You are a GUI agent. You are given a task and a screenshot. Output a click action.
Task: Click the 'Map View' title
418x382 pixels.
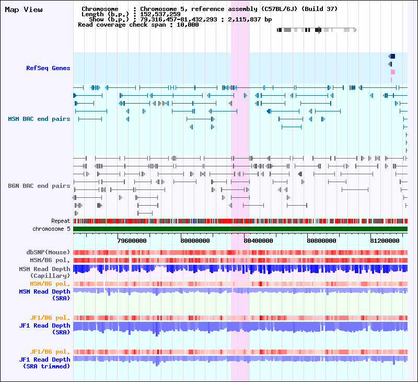click(24, 9)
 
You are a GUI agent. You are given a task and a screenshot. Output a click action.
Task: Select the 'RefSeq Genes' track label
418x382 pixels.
click(48, 68)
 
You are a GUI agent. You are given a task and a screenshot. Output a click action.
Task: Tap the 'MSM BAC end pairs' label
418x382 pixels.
click(39, 119)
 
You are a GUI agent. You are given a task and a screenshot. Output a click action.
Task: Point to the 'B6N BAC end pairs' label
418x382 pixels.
click(39, 186)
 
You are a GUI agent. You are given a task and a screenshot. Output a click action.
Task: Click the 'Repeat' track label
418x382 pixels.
click(61, 221)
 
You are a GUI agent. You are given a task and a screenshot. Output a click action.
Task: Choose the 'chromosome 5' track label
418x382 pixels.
click(51, 229)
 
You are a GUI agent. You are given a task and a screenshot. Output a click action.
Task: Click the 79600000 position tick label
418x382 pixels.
click(132, 241)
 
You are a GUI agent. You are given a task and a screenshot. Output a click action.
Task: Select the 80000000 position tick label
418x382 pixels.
click(195, 241)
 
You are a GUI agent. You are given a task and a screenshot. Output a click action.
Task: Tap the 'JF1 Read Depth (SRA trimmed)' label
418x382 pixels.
click(44, 363)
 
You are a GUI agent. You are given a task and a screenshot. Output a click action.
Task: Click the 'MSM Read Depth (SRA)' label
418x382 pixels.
click(44, 295)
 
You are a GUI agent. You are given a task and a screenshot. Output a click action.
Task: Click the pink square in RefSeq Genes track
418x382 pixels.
click(393, 72)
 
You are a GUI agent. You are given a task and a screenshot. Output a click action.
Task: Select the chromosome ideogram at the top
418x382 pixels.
click(316, 30)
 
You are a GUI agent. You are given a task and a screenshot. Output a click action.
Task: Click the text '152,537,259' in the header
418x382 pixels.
click(159, 14)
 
